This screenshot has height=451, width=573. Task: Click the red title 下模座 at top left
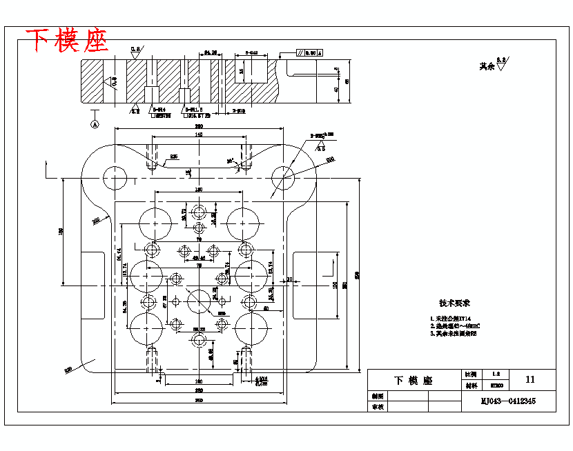(x=67, y=41)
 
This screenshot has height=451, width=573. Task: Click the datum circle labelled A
(x=95, y=124)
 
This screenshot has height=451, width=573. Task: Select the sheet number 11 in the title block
(x=530, y=379)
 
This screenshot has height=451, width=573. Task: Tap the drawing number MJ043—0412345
(x=508, y=401)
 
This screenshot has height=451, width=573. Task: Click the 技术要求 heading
(x=454, y=303)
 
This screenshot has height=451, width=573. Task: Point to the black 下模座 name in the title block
(x=413, y=381)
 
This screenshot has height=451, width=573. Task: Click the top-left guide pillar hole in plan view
(x=115, y=177)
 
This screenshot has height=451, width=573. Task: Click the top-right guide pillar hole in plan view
(x=282, y=177)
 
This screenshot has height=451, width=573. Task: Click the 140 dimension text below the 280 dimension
(x=199, y=135)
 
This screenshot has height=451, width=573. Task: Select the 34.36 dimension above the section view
(x=211, y=52)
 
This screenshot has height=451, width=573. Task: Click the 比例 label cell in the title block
(x=468, y=374)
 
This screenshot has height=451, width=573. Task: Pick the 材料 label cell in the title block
(x=468, y=385)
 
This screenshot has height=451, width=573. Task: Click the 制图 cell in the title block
(x=377, y=397)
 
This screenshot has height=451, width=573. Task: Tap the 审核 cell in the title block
(x=377, y=407)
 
